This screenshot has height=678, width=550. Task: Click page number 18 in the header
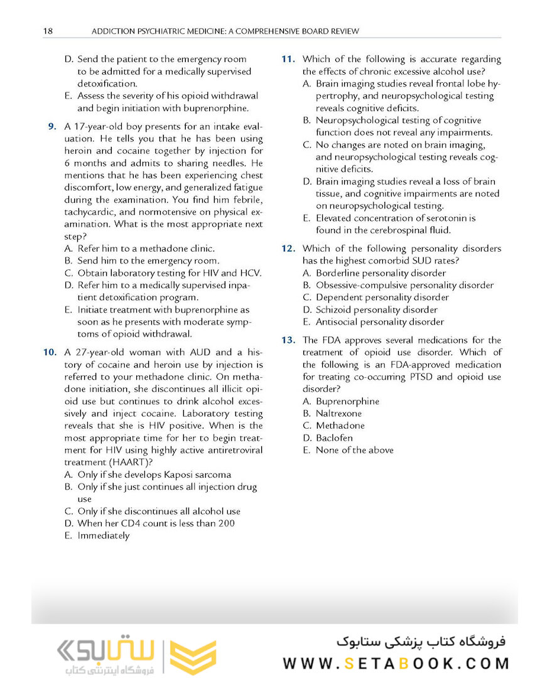pyautogui.click(x=48, y=31)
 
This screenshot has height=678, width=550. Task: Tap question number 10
pyautogui.click(x=50, y=353)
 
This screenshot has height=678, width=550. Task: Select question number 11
pyautogui.click(x=288, y=60)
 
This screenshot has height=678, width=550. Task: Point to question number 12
pyautogui.click(x=288, y=249)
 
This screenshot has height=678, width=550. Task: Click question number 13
pyautogui.click(x=288, y=340)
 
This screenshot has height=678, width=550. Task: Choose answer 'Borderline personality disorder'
pyautogui.click(x=380, y=273)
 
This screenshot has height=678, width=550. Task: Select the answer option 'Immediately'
pyautogui.click(x=103, y=535)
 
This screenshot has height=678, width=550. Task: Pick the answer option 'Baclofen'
pyautogui.click(x=334, y=438)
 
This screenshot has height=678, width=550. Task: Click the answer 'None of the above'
pyautogui.click(x=354, y=450)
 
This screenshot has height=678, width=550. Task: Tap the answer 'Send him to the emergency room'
pyautogui.click(x=148, y=261)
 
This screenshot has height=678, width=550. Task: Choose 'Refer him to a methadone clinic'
pyautogui.click(x=146, y=249)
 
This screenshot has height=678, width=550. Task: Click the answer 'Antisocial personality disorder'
pyautogui.click(x=379, y=322)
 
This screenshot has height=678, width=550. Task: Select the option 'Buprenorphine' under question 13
pyautogui.click(x=347, y=401)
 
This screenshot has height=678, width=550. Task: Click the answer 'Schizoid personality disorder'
pyautogui.click(x=377, y=309)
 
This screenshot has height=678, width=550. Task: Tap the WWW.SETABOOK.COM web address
pyautogui.click(x=396, y=664)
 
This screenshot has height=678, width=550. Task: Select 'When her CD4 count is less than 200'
pyautogui.click(x=156, y=523)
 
